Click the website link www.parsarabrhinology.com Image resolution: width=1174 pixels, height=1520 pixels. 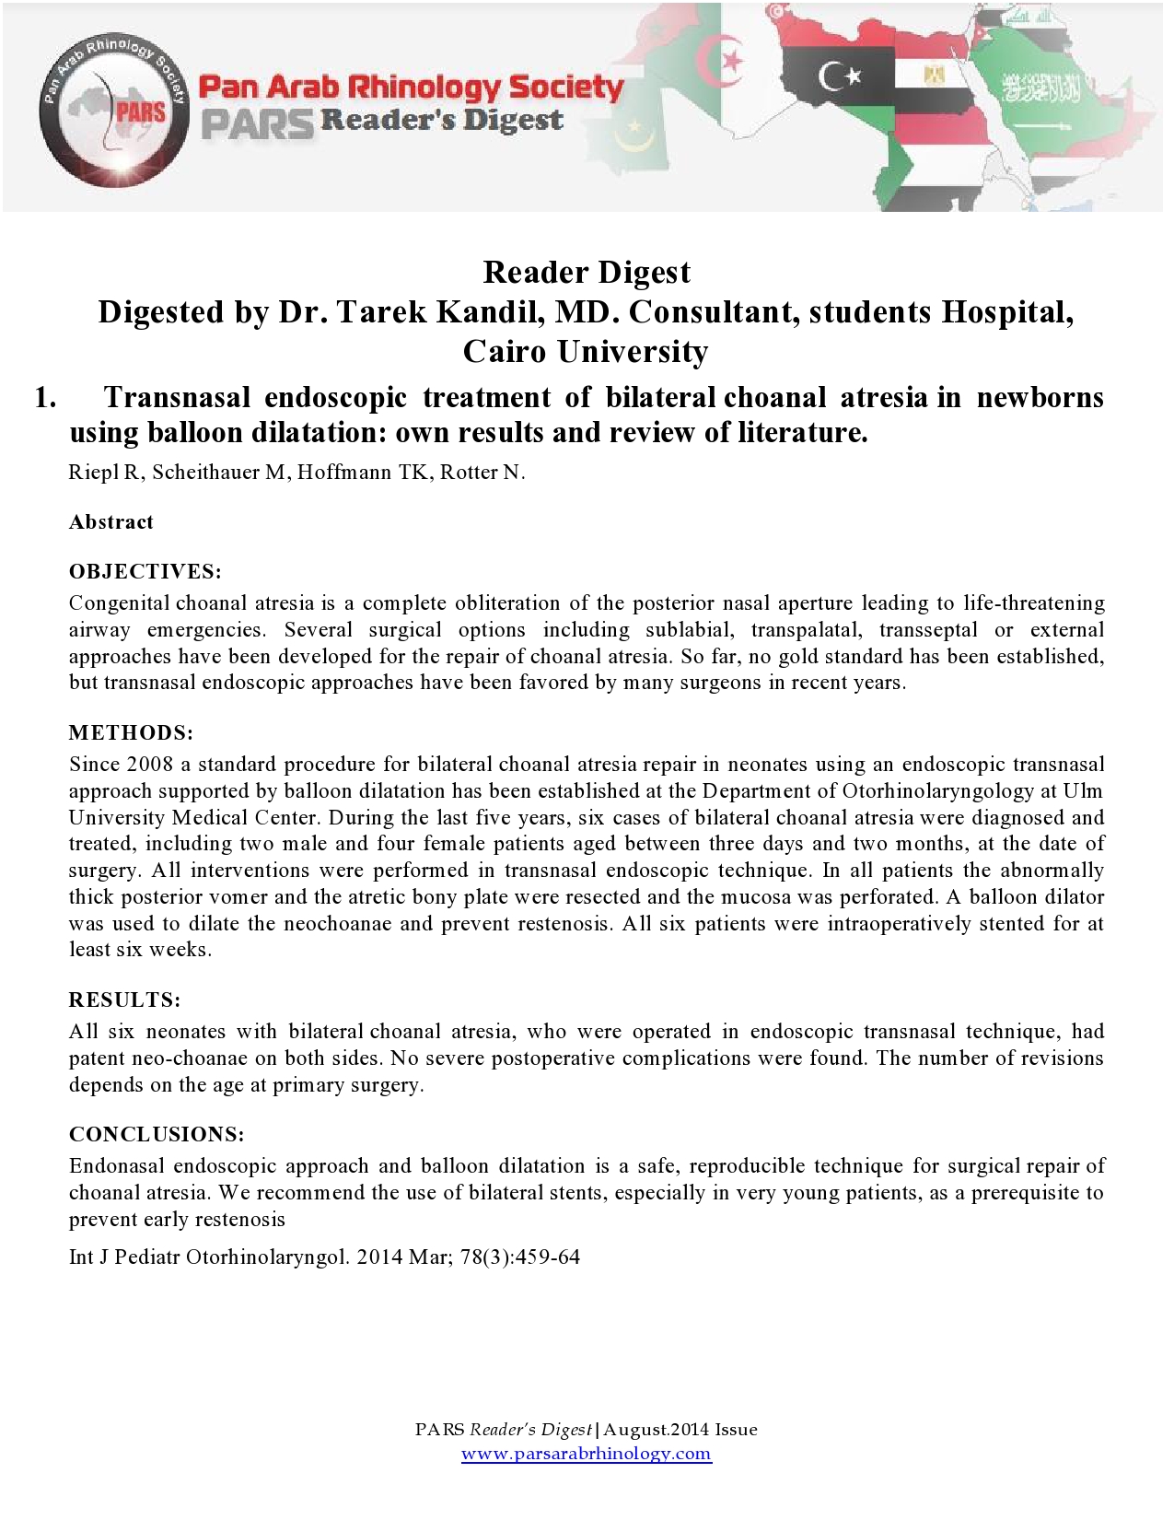[x=586, y=1454]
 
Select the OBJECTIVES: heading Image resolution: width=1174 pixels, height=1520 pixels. [x=145, y=571]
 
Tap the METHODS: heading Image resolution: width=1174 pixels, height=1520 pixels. [x=131, y=732]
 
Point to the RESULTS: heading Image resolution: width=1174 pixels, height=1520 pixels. [x=124, y=1000]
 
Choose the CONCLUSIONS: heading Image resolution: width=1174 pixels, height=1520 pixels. [x=157, y=1134]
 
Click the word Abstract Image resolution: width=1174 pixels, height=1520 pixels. [x=110, y=521]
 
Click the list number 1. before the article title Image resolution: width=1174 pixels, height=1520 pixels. [x=45, y=397]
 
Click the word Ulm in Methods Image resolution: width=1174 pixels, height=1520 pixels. [x=1083, y=791]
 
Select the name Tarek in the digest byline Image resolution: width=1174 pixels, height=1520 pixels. [x=383, y=312]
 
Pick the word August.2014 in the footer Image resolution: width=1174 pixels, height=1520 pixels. [x=656, y=1430]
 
